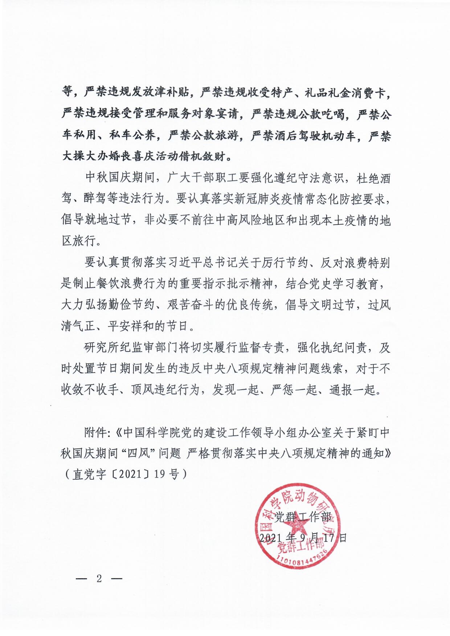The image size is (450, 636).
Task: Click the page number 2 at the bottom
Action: (99, 578)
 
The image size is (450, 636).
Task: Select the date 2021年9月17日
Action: (303, 537)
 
